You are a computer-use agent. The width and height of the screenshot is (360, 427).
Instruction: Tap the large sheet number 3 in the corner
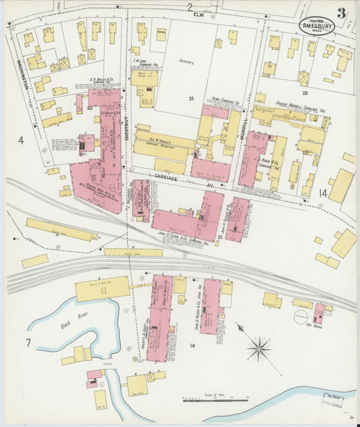[343, 13]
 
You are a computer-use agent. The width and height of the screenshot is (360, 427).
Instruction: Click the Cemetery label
[186, 61]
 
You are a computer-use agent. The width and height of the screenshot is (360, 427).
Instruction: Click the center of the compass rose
[258, 349]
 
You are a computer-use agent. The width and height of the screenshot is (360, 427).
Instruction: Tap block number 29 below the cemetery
[191, 99]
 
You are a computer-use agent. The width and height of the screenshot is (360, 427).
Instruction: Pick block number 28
[305, 92]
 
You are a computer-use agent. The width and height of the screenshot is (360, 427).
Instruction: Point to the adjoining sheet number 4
[20, 141]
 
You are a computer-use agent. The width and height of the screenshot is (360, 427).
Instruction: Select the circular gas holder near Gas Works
[301, 316]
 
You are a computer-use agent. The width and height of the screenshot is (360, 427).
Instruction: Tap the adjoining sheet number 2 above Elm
[190, 7]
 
